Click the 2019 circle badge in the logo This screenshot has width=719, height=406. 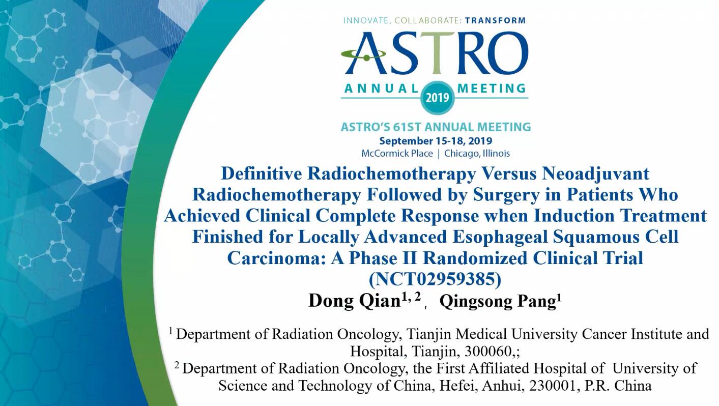point(437,97)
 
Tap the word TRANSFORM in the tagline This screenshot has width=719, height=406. point(495,20)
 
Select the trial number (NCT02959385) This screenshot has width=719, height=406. point(435,279)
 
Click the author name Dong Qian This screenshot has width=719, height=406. point(354,301)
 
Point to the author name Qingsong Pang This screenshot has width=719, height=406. point(498,301)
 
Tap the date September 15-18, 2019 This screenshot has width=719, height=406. point(436,141)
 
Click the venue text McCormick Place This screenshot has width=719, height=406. point(397,154)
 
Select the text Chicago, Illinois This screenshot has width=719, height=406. point(477,154)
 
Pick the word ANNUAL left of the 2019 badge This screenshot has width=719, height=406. point(381,89)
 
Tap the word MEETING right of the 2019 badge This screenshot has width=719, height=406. point(492,89)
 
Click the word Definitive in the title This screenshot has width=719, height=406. point(261,173)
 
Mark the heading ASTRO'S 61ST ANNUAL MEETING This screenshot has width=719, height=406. point(436,127)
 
